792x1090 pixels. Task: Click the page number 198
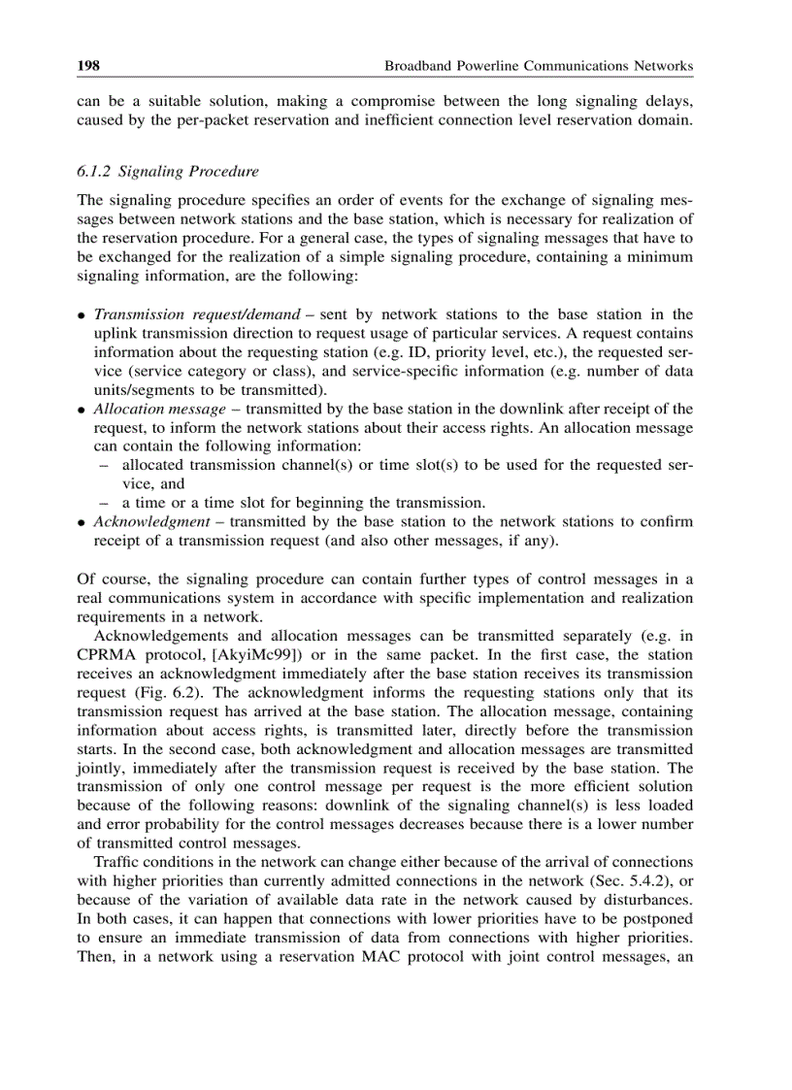(89, 66)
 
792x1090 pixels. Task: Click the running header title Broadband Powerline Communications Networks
(539, 66)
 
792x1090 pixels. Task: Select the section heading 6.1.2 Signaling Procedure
(168, 172)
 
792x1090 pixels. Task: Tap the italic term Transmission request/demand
(196, 314)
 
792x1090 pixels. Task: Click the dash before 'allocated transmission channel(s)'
(103, 466)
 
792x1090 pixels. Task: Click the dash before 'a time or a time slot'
(103, 503)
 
